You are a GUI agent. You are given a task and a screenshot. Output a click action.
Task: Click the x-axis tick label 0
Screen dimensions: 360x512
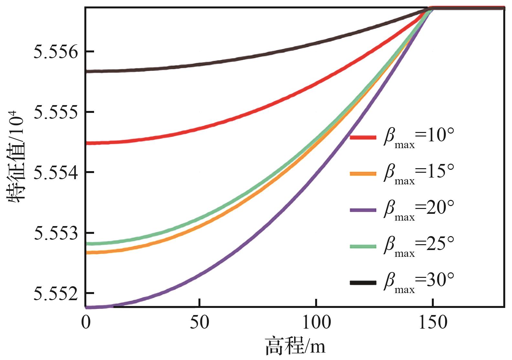coord(86,322)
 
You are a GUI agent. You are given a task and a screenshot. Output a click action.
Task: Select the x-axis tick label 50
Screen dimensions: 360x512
coord(200,322)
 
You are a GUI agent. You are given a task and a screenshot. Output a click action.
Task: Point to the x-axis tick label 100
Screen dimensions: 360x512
coord(316,322)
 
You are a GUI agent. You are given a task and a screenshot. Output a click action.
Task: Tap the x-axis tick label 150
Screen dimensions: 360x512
coord(433,322)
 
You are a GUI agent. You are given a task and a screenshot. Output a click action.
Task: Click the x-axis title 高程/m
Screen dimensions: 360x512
coord(295,347)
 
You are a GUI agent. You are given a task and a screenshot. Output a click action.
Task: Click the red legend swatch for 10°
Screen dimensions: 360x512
coord(363,137)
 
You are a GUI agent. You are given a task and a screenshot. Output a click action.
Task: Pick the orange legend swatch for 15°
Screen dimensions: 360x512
coord(363,174)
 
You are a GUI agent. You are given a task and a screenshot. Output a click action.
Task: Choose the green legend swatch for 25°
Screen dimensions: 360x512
coord(363,246)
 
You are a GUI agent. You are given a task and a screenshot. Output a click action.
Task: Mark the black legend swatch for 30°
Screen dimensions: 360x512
coord(363,283)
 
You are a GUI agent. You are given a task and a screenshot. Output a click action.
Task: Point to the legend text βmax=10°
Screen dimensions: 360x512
coord(419,137)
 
